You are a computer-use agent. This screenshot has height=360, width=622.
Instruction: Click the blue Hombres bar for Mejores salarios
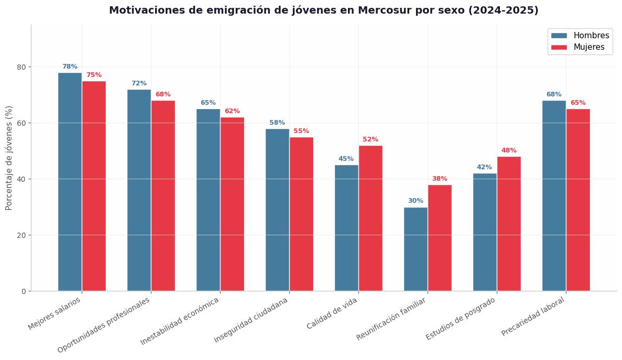70,182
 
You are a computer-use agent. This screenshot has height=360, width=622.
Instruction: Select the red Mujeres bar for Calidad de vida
370,219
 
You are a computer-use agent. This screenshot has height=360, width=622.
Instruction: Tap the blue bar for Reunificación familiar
416,249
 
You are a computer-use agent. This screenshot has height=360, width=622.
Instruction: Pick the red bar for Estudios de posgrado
509,224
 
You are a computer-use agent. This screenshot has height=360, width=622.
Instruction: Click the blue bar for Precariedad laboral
554,196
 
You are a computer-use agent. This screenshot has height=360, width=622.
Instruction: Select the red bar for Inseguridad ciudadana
301,214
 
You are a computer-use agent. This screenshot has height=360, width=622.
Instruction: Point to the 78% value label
70,67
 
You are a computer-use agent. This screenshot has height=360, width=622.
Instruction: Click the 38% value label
440,179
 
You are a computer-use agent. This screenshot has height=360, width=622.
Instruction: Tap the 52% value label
370,139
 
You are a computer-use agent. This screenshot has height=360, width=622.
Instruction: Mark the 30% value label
416,201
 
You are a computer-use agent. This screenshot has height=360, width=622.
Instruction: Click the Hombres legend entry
580,35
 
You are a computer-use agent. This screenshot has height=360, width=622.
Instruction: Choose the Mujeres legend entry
578,47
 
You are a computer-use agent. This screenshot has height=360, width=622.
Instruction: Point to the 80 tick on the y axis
21,67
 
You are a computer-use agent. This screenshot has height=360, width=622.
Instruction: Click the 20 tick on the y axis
21,235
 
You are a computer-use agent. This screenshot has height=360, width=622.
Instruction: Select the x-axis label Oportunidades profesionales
104,325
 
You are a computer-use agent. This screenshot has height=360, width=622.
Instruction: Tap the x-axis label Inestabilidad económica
180,321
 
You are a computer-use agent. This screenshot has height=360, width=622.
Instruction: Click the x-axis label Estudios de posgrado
461,319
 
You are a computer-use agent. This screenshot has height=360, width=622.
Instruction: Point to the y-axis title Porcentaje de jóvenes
9,158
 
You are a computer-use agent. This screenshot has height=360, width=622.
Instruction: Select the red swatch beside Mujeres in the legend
559,47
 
